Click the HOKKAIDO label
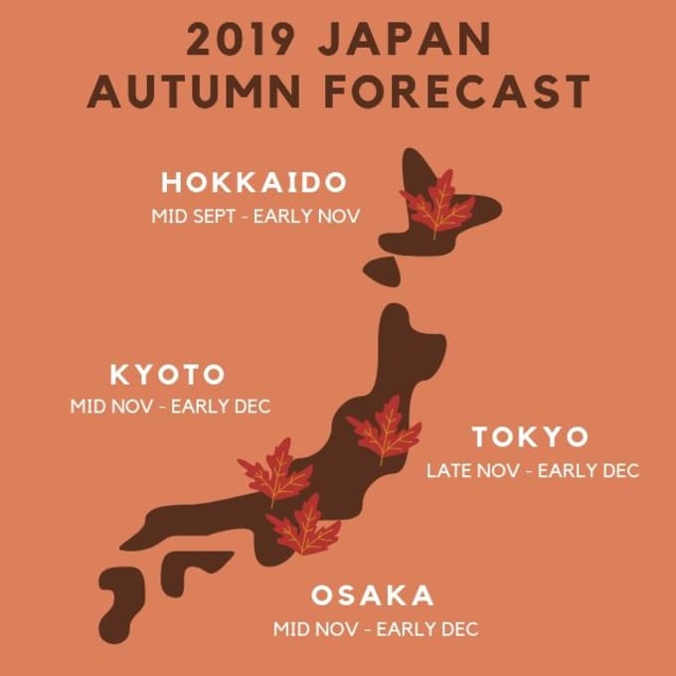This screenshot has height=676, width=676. (x=254, y=184)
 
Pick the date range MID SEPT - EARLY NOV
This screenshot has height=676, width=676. (x=254, y=215)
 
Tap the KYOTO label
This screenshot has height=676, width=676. (x=167, y=376)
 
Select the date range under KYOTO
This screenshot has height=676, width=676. (x=170, y=407)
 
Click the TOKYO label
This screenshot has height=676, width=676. (x=530, y=437)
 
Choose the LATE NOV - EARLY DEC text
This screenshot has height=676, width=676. (x=533, y=469)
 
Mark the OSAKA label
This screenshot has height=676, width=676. (x=373, y=596)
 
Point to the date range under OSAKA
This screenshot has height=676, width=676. (x=376, y=629)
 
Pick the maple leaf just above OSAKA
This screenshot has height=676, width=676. (x=305, y=528)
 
